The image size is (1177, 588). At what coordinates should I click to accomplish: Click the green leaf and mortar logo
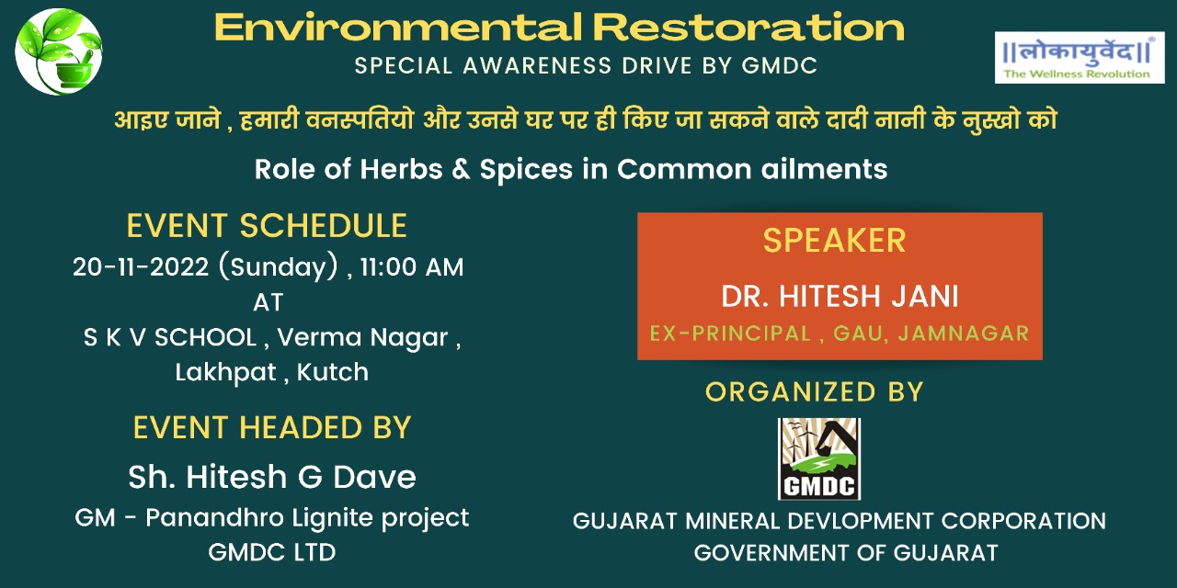point(59,51)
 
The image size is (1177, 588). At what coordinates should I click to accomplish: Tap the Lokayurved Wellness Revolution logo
point(1080,57)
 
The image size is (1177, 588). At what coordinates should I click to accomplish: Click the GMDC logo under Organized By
point(819,458)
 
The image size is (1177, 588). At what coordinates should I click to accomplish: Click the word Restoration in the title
point(748,28)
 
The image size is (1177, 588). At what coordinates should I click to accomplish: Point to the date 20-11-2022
point(141,266)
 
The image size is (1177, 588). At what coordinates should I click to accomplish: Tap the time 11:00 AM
point(412,266)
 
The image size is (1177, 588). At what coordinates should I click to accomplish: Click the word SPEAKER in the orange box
point(834,241)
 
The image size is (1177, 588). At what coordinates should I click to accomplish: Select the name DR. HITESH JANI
point(840,296)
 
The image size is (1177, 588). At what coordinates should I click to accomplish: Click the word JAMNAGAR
point(964,334)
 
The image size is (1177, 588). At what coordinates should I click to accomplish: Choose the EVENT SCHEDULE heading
point(267,226)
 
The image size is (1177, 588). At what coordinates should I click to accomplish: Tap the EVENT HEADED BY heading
point(272,427)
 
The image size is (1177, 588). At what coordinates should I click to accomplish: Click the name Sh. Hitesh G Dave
point(272,477)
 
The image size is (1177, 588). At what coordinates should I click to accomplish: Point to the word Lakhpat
point(225,373)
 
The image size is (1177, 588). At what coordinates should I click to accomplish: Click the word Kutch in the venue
point(333,372)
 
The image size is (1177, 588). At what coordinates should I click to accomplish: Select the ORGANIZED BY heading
point(815,391)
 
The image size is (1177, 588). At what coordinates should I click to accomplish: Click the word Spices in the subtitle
point(526,170)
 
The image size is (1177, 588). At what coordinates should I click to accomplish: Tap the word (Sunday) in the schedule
point(278,266)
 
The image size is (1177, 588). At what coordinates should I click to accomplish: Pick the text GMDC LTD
point(271,552)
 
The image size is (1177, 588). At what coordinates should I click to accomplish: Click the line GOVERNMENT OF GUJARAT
point(846,553)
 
